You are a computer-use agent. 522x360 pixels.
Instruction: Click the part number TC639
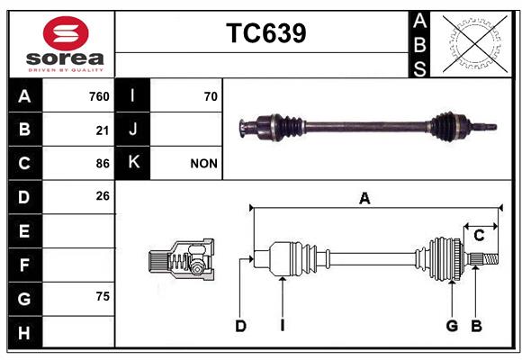266,33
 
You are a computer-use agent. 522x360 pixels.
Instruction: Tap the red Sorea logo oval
66,33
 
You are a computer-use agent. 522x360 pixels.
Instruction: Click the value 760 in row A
99,96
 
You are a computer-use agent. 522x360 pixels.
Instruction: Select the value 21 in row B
103,130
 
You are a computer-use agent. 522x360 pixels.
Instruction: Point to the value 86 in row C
103,164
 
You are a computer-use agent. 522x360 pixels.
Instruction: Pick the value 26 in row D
103,196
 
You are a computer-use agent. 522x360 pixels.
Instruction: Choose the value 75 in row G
103,296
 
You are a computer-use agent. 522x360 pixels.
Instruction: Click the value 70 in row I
211,96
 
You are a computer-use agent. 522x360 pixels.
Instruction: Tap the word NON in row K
203,164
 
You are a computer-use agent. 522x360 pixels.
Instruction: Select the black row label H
25,332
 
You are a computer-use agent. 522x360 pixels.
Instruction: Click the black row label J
132,130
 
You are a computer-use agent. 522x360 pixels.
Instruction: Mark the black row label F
25,265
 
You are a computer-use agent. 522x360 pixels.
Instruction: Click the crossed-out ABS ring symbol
475,44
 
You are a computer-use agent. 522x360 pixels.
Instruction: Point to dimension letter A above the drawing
364,199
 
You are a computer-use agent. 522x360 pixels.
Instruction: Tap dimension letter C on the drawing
479,236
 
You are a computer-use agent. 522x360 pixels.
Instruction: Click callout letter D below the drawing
240,326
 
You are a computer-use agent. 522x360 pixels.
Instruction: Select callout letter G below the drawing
452,326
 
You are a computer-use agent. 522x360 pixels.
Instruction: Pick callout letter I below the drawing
283,326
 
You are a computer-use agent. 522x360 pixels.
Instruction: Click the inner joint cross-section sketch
181,259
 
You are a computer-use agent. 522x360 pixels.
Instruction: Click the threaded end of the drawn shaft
491,259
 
